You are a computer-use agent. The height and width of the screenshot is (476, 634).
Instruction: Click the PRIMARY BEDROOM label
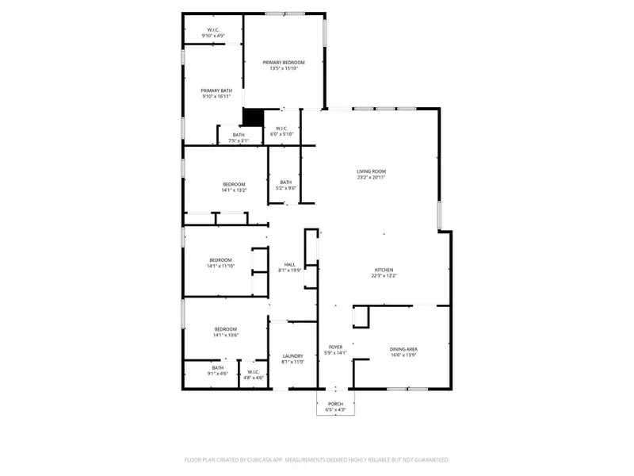pyautogui.click(x=284, y=62)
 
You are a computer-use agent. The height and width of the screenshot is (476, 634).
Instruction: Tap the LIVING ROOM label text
pyautogui.click(x=370, y=171)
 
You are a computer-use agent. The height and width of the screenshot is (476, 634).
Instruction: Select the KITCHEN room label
pyautogui.click(x=384, y=270)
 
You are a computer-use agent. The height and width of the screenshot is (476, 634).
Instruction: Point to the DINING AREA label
pyautogui.click(x=403, y=349)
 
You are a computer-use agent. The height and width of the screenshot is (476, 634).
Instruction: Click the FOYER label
pyautogui.click(x=335, y=347)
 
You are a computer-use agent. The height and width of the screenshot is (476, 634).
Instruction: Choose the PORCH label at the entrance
pyautogui.click(x=335, y=404)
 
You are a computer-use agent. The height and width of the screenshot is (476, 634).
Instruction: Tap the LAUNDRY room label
pyautogui.click(x=293, y=356)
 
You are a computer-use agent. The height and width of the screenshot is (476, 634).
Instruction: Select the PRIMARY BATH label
pyautogui.click(x=216, y=90)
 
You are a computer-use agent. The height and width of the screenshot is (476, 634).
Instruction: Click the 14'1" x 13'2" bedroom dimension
pyautogui.click(x=234, y=190)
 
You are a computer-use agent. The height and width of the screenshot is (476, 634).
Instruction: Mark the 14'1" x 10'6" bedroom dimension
pyautogui.click(x=225, y=336)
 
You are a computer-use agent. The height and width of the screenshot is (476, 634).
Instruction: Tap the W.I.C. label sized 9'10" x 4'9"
pyautogui.click(x=213, y=36)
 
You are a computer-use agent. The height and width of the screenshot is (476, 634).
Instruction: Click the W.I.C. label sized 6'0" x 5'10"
pyautogui.click(x=282, y=134)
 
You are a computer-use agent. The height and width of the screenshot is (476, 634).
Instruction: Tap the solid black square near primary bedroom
pyautogui.click(x=252, y=117)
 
